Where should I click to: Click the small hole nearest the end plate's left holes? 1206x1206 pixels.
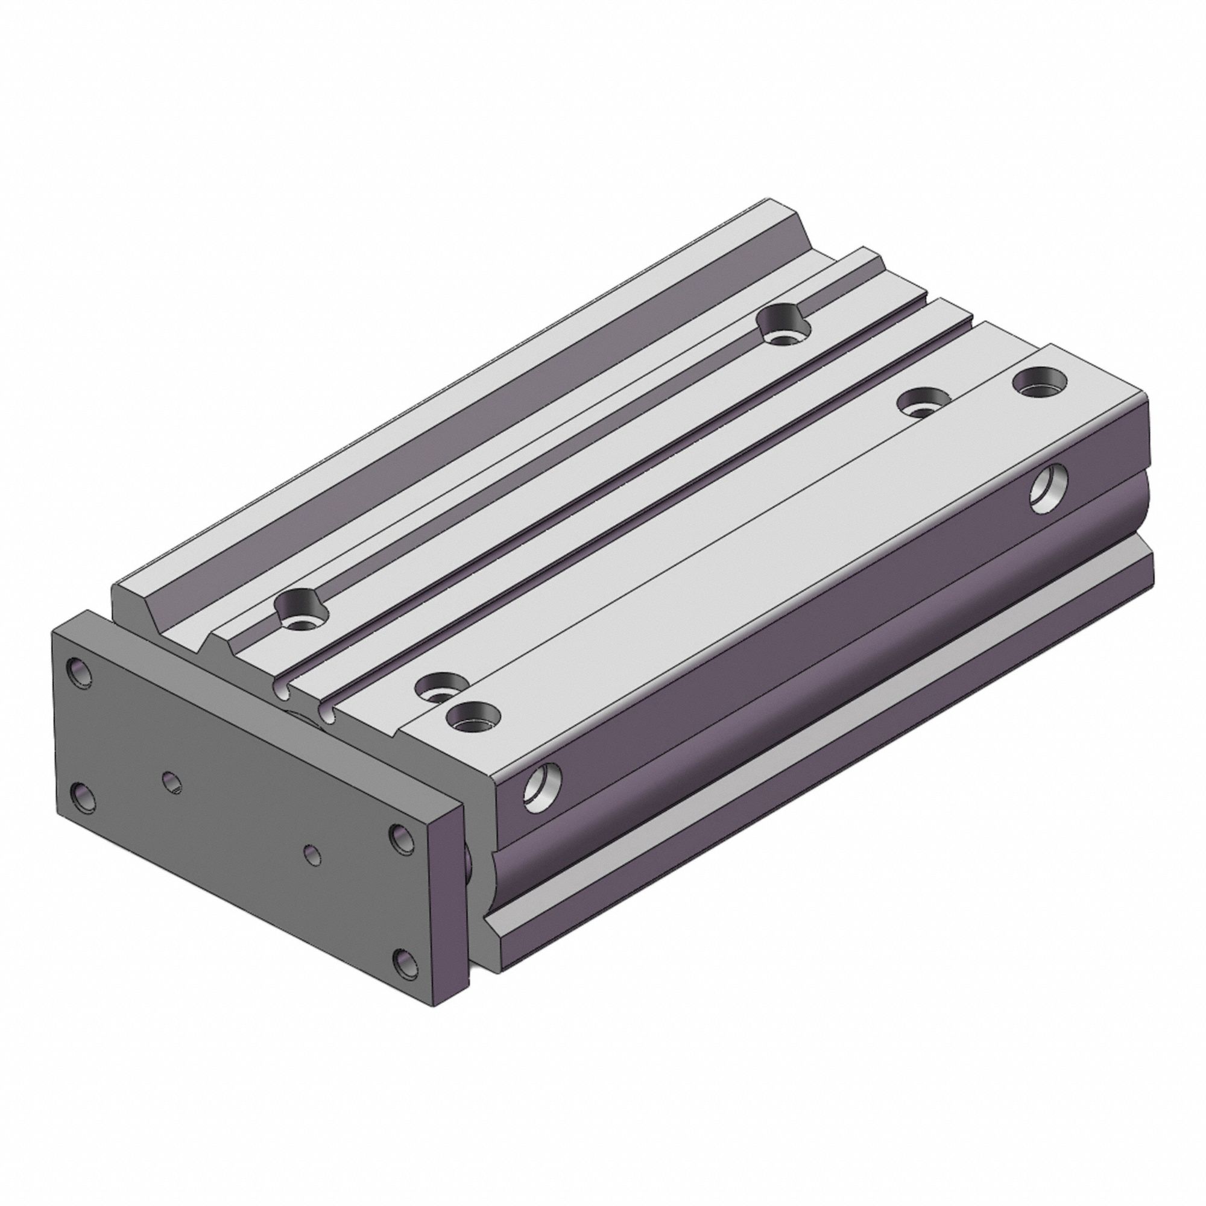pyautogui.click(x=173, y=781)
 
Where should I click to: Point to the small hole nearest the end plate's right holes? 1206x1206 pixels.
pyautogui.click(x=313, y=854)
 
